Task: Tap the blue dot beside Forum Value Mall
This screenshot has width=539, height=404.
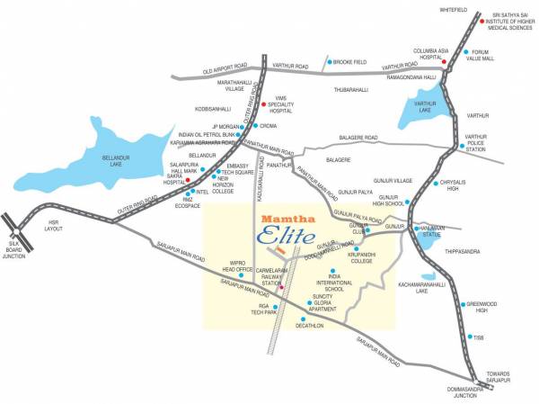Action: coord(465,52)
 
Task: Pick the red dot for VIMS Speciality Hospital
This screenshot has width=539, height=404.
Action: coord(263,103)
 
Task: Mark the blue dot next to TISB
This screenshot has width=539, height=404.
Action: coord(469,337)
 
